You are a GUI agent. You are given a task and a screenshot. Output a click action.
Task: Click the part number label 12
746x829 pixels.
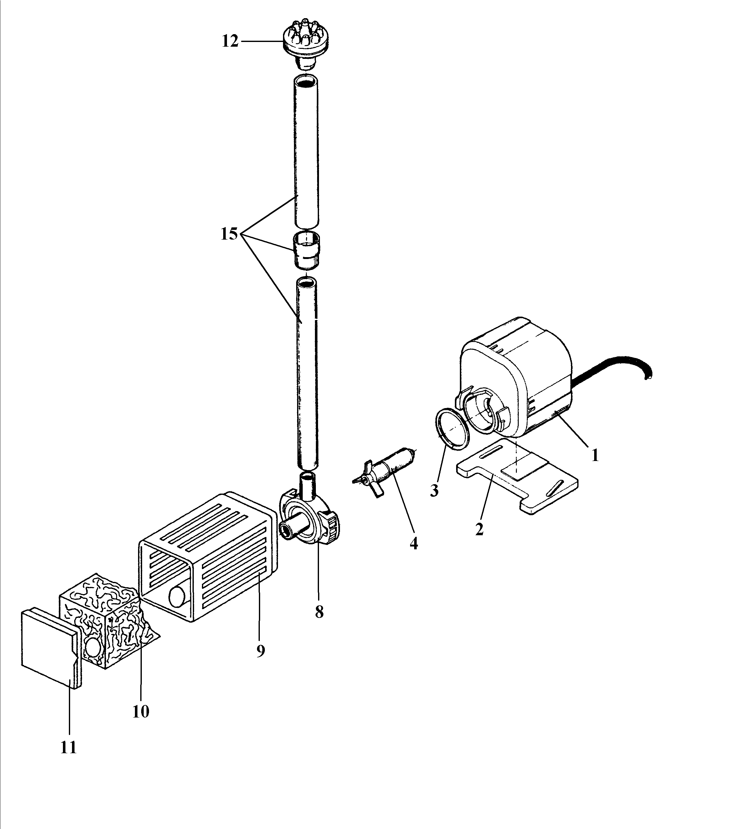click(x=230, y=41)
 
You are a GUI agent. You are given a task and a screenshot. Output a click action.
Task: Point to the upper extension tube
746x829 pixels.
click(x=306, y=151)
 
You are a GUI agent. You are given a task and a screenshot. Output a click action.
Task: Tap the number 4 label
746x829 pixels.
click(x=414, y=543)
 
